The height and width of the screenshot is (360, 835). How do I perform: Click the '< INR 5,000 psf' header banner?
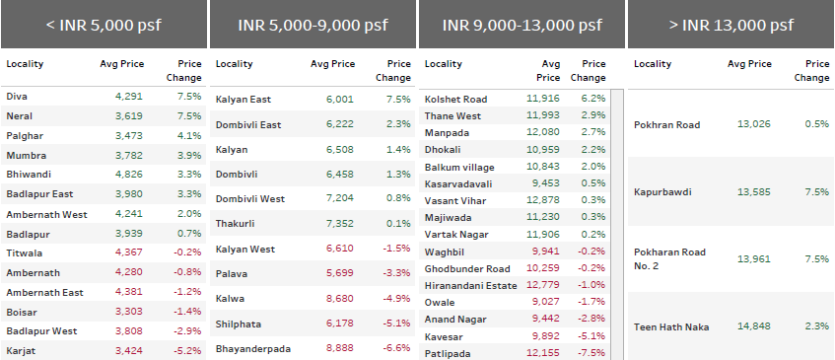(x=104, y=25)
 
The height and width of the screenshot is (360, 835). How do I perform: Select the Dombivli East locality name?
(x=247, y=123)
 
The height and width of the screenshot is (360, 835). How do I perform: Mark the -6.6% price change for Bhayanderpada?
(x=397, y=348)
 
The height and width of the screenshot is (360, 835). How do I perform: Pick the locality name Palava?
(x=232, y=273)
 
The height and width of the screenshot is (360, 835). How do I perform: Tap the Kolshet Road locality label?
(x=455, y=99)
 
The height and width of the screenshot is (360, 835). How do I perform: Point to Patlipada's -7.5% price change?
(x=591, y=353)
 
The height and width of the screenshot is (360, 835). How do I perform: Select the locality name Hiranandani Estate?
(x=469, y=285)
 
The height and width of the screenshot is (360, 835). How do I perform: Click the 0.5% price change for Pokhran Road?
(x=817, y=123)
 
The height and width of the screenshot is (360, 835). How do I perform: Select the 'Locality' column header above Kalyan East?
(x=235, y=64)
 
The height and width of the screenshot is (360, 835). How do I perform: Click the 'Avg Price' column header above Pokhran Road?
(x=749, y=64)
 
